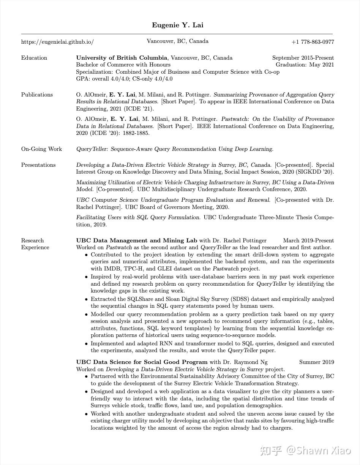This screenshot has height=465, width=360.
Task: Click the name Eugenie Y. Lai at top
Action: click(177, 25)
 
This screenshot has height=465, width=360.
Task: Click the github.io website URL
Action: click(57, 42)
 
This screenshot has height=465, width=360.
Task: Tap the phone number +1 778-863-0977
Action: click(313, 42)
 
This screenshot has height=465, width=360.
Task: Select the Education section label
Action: click(34, 58)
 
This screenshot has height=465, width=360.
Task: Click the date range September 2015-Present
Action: click(303, 58)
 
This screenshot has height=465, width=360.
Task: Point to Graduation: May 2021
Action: click(305, 65)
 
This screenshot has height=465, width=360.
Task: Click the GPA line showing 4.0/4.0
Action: click(124, 79)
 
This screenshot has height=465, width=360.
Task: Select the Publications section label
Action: click(37, 95)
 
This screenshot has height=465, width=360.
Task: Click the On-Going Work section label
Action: click(41, 149)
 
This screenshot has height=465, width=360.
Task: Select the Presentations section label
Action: click(38, 165)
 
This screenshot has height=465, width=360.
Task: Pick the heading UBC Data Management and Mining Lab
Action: click(136, 240)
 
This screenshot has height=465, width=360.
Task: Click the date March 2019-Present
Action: click(308, 240)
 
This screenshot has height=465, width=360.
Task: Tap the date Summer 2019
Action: click(316, 362)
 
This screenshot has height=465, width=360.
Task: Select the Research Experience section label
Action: click(35, 244)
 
